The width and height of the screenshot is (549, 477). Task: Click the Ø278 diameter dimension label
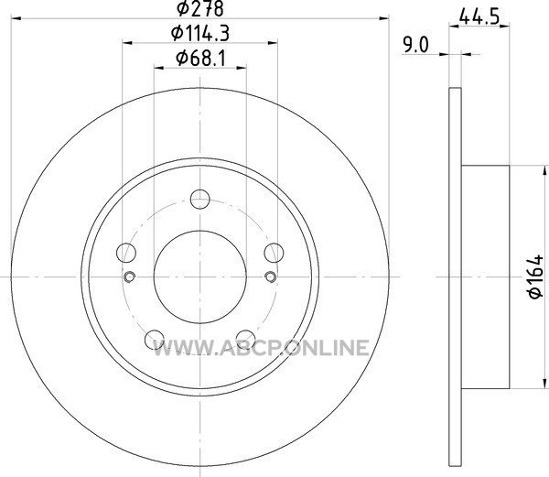coord(199,8)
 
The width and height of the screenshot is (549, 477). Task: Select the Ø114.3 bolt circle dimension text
coord(199,34)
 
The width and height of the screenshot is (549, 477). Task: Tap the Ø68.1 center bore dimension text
coord(200,58)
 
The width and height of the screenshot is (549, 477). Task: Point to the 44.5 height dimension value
coord(479,16)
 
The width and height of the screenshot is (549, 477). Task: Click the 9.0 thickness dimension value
coord(415,46)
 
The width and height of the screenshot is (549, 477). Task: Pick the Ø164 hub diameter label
coord(536,277)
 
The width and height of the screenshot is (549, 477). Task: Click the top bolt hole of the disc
coord(199,200)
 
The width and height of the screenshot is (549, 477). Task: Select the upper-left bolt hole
coord(126,253)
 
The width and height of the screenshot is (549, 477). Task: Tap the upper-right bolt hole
coord(274,253)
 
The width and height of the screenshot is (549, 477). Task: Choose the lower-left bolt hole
coord(155,340)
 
